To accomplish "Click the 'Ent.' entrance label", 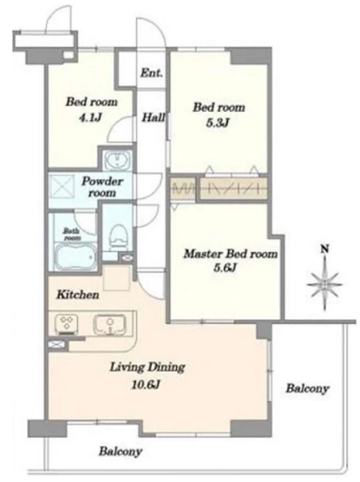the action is pyautogui.click(x=151, y=73).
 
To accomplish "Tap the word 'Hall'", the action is pyautogui.click(x=153, y=117).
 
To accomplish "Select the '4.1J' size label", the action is pyautogui.click(x=91, y=117).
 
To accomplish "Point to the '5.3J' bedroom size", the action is pyautogui.click(x=218, y=123).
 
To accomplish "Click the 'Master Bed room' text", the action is pyautogui.click(x=230, y=254).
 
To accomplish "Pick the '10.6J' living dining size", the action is pyautogui.click(x=145, y=384).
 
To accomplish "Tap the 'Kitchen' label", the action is pyautogui.click(x=78, y=295).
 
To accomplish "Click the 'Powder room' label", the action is pyautogui.click(x=102, y=187).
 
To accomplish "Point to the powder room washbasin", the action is pyautogui.click(x=117, y=160).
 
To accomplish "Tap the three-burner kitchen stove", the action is pyautogui.click(x=66, y=324).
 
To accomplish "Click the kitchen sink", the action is pyautogui.click(x=109, y=324).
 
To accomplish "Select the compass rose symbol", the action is pyautogui.click(x=325, y=284).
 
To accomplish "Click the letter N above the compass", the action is pyautogui.click(x=325, y=248).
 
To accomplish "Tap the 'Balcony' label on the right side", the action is pyautogui.click(x=308, y=388).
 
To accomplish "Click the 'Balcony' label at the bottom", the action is pyautogui.click(x=120, y=452).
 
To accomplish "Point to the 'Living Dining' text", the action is pyautogui.click(x=148, y=367).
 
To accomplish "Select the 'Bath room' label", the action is pyautogui.click(x=72, y=234).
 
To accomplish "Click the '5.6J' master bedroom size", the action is pyautogui.click(x=225, y=268).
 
